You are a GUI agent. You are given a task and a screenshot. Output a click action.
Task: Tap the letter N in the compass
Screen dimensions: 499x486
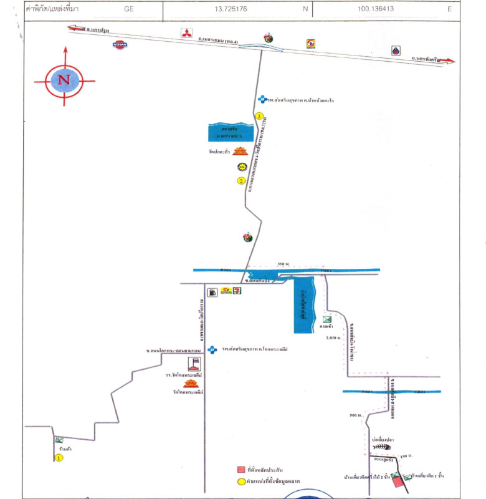[64, 80]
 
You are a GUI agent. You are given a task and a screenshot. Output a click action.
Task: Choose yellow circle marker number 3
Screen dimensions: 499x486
[260, 116]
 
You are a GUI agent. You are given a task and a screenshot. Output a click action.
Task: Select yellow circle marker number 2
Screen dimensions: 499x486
[241, 181]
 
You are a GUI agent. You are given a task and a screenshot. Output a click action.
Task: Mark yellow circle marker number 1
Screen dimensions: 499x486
[59, 458]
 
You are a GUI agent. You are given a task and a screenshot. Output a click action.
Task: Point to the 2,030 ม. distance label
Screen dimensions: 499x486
[334, 337]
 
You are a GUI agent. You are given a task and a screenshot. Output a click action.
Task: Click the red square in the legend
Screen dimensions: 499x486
[240, 469]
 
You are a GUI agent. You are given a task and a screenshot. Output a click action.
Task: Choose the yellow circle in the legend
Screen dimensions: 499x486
[240, 482]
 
